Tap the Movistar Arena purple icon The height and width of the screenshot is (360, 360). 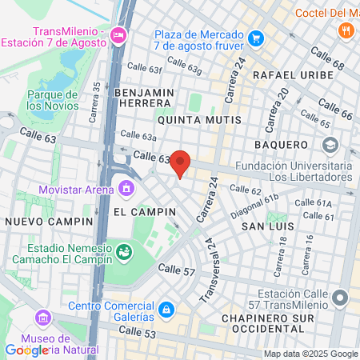click(x=126, y=189)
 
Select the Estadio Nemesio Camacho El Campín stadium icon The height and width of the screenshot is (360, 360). click(x=125, y=253)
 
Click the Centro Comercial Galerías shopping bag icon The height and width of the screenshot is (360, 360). click(x=166, y=309)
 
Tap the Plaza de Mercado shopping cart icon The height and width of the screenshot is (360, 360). click(x=255, y=38)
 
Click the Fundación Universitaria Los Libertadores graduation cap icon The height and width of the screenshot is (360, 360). click(x=330, y=146)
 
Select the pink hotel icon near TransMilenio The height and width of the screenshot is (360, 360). click(x=119, y=34)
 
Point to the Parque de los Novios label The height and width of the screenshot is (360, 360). click(x=51, y=100)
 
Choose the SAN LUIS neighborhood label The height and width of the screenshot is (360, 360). click(x=265, y=227)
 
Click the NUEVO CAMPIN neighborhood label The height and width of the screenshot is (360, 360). click(x=38, y=220)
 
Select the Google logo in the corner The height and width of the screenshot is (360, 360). click(x=26, y=350)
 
